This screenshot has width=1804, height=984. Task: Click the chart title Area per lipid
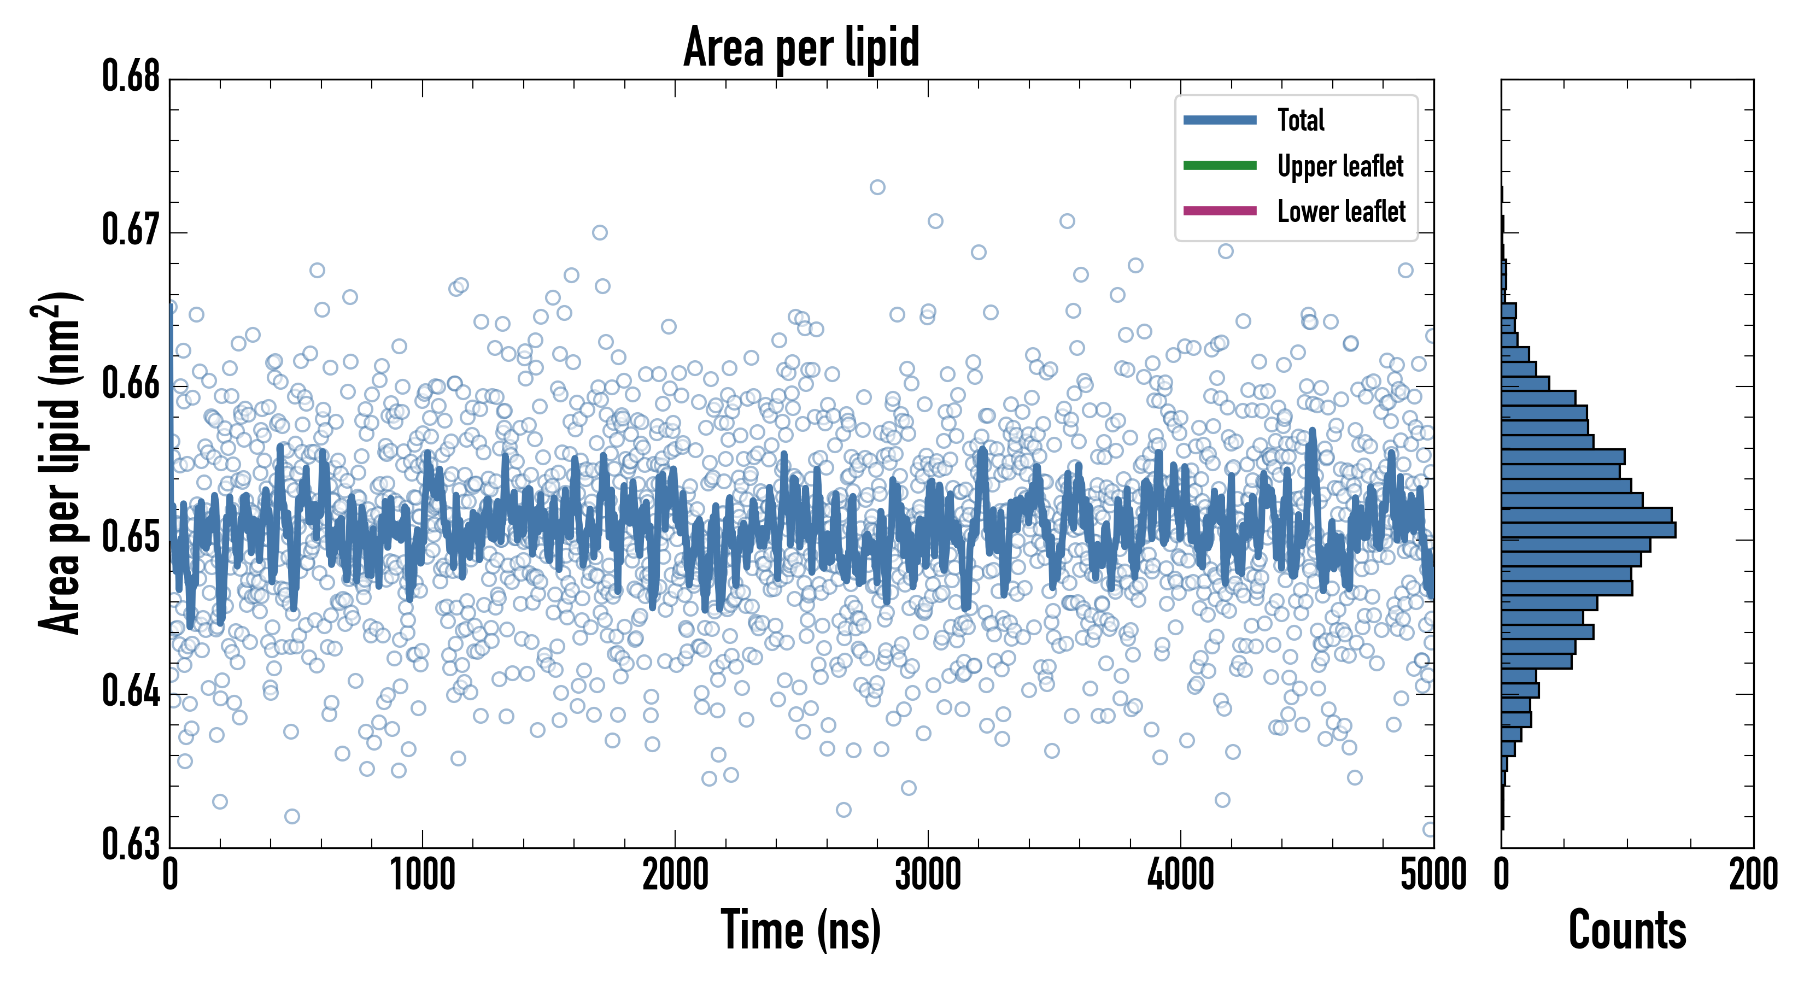click(801, 47)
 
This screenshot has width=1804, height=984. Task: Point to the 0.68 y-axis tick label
click(131, 77)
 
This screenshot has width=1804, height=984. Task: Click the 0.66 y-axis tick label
click(131, 384)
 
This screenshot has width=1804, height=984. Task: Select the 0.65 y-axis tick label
click(131, 537)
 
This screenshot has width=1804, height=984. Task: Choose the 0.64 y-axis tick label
click(131, 691)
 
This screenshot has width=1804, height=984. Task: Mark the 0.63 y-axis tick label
click(131, 844)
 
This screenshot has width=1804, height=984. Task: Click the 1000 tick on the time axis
click(422, 875)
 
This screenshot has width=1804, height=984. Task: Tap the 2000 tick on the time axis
click(675, 875)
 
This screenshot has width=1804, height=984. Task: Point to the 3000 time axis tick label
click(928, 875)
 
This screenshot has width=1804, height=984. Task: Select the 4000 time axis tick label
click(1181, 875)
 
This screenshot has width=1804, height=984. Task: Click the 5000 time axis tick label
click(1433, 875)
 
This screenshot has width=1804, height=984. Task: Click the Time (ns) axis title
click(801, 930)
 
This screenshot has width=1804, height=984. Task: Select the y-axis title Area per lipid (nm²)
click(60, 463)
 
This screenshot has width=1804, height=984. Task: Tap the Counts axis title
click(1627, 930)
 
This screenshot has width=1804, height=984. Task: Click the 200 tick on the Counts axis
click(1753, 875)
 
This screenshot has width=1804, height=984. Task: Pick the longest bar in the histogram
click(1588, 530)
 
